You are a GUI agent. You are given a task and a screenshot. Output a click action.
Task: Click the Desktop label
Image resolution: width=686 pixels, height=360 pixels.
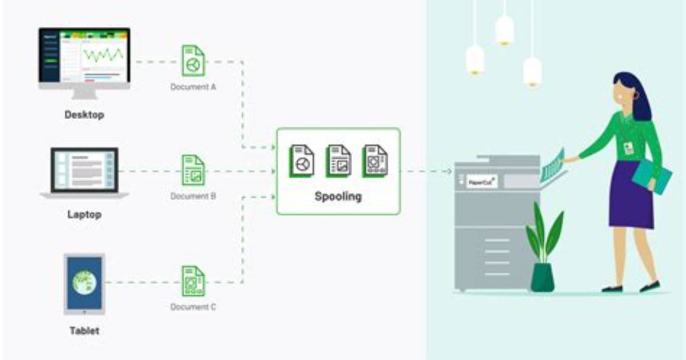tap(84, 115)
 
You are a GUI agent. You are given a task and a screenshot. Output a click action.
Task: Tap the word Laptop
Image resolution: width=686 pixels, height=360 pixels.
tap(84, 214)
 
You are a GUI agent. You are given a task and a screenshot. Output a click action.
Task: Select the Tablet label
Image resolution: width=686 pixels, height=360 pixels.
tap(84, 331)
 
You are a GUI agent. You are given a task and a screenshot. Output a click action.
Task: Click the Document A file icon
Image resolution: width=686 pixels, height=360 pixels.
tap(193, 61)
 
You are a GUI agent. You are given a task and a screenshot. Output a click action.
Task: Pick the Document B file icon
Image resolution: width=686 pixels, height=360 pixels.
tap(193, 171)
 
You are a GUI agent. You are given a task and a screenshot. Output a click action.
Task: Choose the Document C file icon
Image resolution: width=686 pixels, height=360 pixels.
tap(193, 281)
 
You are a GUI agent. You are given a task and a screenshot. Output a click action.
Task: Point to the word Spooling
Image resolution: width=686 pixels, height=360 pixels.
tap(338, 197)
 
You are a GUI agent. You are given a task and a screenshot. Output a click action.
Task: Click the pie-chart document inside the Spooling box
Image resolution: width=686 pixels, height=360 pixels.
tap(302, 162)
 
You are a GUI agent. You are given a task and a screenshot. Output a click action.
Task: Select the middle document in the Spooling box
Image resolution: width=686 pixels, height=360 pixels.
tap(338, 162)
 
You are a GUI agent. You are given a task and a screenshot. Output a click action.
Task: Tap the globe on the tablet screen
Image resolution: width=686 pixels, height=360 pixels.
tap(84, 282)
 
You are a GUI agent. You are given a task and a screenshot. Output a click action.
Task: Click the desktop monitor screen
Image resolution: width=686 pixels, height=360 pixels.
tap(84, 55)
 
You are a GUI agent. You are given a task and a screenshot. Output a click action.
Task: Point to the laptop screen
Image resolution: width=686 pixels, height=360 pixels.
tap(84, 170)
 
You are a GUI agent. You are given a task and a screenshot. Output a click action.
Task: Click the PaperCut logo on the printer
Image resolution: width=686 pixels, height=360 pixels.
tap(481, 182)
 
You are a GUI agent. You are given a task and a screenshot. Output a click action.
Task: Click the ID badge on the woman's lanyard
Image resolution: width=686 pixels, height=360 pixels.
tap(629, 148)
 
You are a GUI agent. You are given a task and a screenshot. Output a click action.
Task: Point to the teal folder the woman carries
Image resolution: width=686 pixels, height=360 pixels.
tap(652, 175)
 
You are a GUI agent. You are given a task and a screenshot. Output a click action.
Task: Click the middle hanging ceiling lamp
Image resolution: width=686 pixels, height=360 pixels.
tap(504, 30)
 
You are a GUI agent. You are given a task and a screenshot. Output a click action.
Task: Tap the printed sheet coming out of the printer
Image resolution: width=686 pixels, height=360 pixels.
tap(552, 166)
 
